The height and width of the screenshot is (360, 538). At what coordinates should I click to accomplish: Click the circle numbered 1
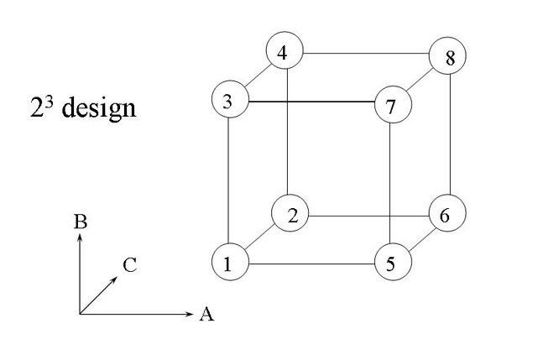coord(228,263)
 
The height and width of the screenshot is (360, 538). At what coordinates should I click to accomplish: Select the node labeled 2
coord(290,215)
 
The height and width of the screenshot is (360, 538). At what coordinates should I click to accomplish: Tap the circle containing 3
coord(228,102)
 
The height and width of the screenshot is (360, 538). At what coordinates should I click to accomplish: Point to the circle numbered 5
coord(392,263)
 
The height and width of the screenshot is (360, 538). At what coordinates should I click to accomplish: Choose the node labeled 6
coord(446,215)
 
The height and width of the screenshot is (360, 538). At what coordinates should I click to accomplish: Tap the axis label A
coord(206,315)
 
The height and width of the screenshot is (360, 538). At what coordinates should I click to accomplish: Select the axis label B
coord(81,223)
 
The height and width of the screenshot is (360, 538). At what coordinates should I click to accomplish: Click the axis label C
coord(128,266)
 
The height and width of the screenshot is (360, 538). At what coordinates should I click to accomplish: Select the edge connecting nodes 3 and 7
coord(311,102)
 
